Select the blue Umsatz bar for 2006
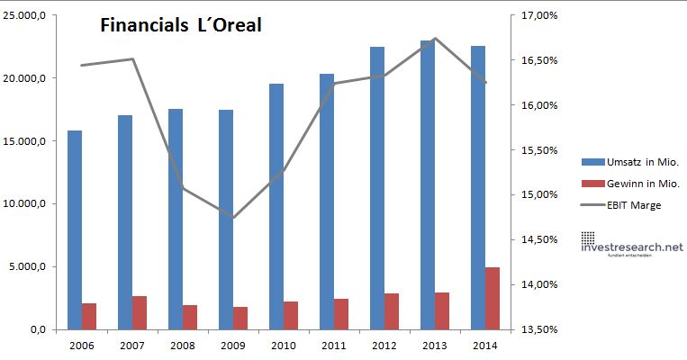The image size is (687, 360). (75, 229)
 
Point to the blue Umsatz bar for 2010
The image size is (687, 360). (276, 206)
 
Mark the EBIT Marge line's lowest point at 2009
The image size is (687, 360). (234, 218)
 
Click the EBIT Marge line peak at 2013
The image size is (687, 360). (435, 39)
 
